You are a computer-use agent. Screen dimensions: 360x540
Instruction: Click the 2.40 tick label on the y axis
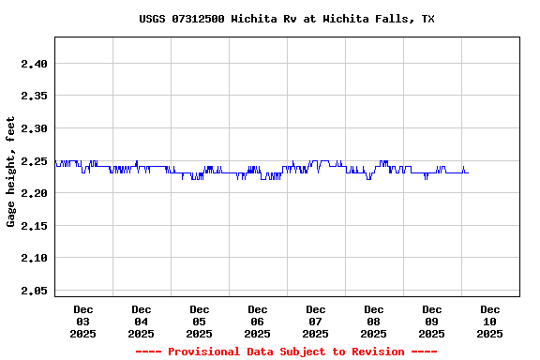click(x=33, y=64)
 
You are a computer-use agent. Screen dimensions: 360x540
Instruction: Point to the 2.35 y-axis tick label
click(x=33, y=96)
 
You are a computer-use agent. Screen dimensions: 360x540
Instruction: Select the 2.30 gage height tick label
click(x=33, y=128)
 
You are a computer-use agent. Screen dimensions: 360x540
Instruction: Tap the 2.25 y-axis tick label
click(x=33, y=161)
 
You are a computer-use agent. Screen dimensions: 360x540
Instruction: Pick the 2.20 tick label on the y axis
click(x=33, y=193)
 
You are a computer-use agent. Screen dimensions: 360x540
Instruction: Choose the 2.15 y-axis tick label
click(x=33, y=226)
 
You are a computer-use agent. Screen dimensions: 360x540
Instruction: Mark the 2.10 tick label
click(x=33, y=258)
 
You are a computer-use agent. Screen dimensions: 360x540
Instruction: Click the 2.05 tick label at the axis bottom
click(x=33, y=291)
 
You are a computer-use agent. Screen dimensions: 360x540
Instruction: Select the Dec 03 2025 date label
click(x=83, y=322)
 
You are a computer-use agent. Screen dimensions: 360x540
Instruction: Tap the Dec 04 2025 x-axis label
click(x=142, y=322)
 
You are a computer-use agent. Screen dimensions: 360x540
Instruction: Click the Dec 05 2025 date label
click(x=200, y=322)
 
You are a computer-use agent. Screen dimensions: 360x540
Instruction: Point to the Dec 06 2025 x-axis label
click(x=258, y=322)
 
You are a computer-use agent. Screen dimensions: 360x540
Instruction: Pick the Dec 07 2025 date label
click(x=316, y=322)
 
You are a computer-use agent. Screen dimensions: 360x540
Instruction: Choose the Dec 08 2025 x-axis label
click(x=374, y=322)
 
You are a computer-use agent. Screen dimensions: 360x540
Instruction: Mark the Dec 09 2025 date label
click(x=432, y=322)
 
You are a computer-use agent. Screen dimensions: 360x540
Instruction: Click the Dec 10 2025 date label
click(x=490, y=322)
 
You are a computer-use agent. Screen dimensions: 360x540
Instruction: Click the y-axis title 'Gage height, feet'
click(x=11, y=172)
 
